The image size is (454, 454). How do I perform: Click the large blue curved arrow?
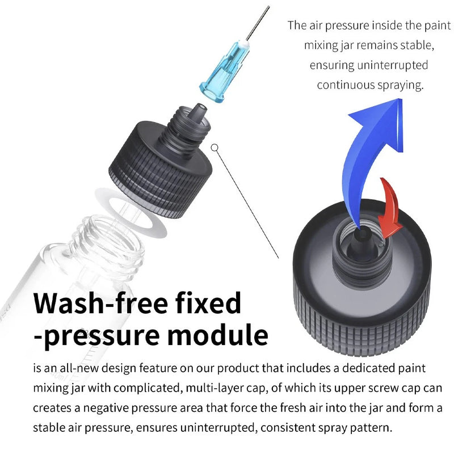coord(363,142)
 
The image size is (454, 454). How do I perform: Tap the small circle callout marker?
coord(215,148)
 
